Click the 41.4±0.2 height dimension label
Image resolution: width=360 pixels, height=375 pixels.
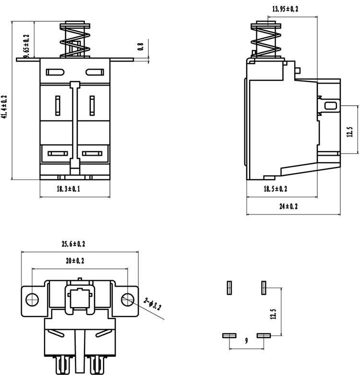tap(4, 107)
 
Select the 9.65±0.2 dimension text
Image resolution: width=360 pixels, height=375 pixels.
tap(26, 47)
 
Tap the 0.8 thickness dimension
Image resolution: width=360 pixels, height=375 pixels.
tap(141, 46)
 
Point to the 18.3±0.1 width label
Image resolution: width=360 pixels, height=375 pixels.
tap(68, 189)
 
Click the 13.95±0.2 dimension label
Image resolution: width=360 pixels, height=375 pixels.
tap(285, 9)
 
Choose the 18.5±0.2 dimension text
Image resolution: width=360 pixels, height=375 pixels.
tap(276, 189)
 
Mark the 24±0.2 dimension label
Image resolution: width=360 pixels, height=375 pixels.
tap(288, 206)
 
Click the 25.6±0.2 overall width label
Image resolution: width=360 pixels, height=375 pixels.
tap(73, 244)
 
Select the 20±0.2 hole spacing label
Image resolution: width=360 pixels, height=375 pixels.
tap(75, 261)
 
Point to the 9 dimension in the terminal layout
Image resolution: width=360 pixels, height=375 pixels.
tap(246, 340)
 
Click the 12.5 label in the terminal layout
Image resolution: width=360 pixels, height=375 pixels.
tap(273, 314)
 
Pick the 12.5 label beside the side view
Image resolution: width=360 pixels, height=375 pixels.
tap(350, 132)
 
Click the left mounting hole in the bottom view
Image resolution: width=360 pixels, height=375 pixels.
tap(32, 300)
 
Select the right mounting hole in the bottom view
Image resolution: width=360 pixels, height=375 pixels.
tap(127, 300)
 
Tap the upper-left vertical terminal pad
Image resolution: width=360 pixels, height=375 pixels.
tap(229, 288)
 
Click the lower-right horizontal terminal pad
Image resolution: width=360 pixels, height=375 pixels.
tap(264, 336)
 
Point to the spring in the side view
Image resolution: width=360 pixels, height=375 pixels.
tap(266, 41)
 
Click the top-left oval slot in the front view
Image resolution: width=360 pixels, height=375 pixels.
tap(55, 72)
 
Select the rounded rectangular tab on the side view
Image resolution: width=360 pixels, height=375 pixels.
tap(331, 106)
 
